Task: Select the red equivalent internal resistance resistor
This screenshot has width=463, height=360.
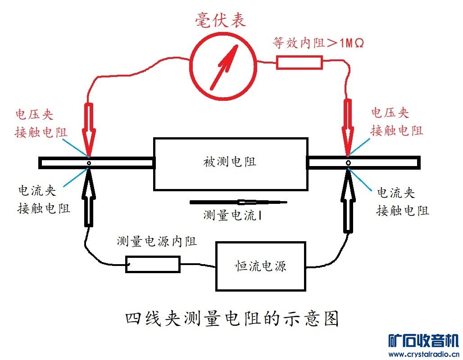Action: (x=300, y=62)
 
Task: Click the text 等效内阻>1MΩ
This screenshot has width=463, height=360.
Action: (x=318, y=43)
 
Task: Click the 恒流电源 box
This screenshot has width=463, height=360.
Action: (x=261, y=266)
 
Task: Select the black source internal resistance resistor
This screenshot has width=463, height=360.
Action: (x=153, y=264)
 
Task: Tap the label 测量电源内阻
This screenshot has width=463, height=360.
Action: (x=156, y=242)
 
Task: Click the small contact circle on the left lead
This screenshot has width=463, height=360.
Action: (x=89, y=163)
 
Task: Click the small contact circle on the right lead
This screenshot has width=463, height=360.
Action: (x=348, y=162)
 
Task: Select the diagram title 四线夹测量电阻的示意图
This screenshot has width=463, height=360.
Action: (x=231, y=319)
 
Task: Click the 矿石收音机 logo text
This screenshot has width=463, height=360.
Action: (x=423, y=341)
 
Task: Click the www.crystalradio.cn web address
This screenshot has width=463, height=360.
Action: (x=423, y=354)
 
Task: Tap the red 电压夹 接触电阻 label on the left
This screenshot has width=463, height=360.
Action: (x=41, y=123)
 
